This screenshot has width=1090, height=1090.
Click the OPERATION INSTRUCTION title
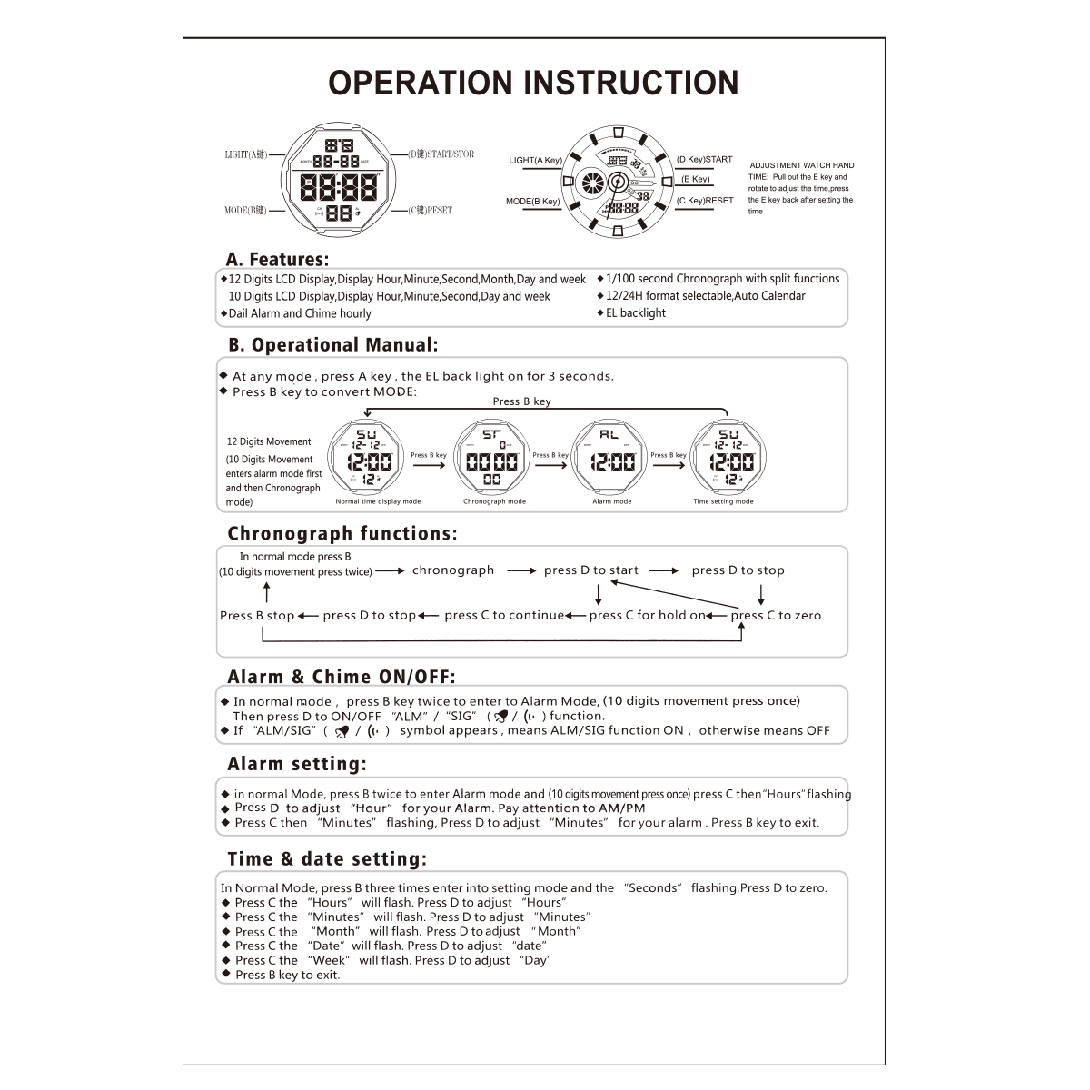pyautogui.click(x=533, y=83)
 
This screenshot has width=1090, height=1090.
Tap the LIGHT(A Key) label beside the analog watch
pyautogui.click(x=535, y=161)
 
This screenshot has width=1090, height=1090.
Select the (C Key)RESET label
pyautogui.click(x=705, y=201)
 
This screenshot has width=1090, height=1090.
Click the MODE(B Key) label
pyautogui.click(x=532, y=202)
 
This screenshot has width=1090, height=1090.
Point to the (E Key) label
pyautogui.click(x=695, y=180)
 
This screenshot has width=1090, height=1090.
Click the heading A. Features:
pyautogui.click(x=277, y=260)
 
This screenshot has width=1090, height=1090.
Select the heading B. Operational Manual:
pyautogui.click(x=333, y=345)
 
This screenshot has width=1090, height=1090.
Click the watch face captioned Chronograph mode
pyautogui.click(x=491, y=459)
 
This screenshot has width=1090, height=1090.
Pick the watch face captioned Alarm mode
pyautogui.click(x=612, y=459)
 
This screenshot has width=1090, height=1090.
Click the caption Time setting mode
pyautogui.click(x=723, y=501)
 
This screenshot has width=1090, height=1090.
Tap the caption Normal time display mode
pyautogui.click(x=378, y=501)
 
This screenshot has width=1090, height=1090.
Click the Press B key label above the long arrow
pyautogui.click(x=521, y=401)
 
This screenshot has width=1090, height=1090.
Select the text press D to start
pyautogui.click(x=591, y=570)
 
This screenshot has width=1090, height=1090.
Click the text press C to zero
pyautogui.click(x=776, y=616)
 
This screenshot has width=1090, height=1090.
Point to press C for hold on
pyautogui.click(x=647, y=616)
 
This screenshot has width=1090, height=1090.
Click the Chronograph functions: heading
pyautogui.click(x=342, y=533)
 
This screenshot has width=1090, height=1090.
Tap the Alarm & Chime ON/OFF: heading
pyautogui.click(x=341, y=677)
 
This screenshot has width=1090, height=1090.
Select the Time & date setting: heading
pyautogui.click(x=327, y=859)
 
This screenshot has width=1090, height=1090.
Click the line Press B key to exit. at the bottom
pyautogui.click(x=287, y=976)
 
